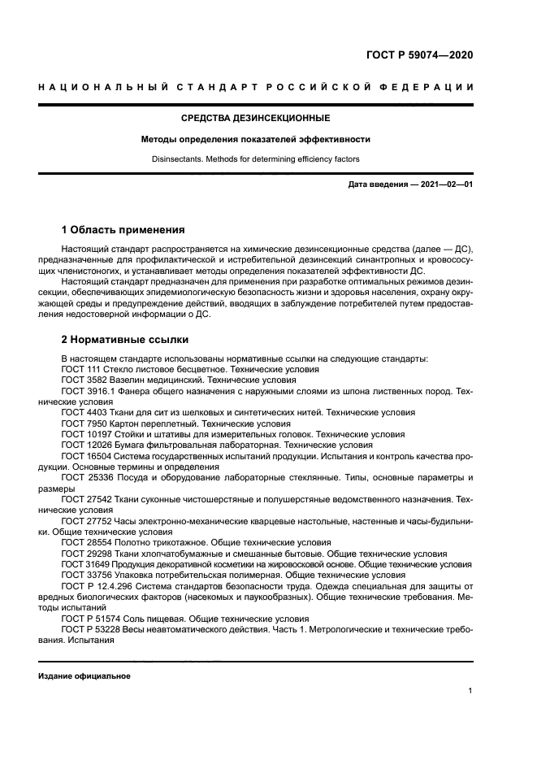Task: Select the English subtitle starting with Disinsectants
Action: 254,159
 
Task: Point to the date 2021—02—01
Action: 444,185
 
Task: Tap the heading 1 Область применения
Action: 123,230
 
